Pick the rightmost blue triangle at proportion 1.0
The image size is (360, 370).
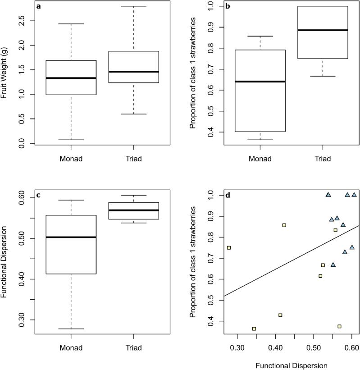tap(354, 195)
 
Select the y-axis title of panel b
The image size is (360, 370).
tap(193, 74)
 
